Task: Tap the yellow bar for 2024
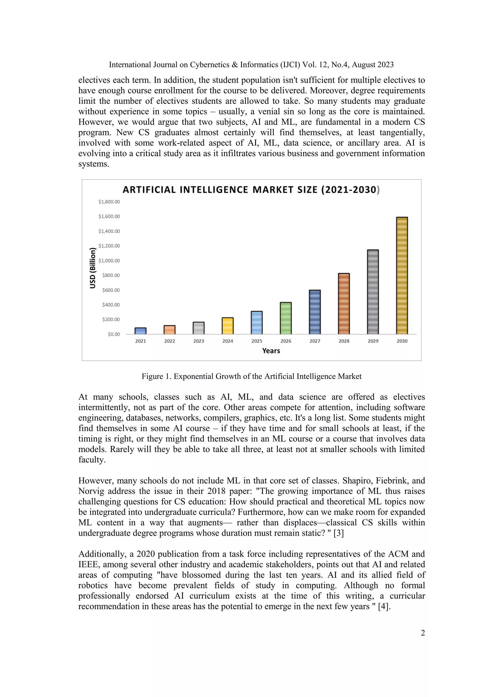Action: click(227, 326)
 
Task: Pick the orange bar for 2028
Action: click(344, 304)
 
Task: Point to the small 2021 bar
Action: click(140, 331)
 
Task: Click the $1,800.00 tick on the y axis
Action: click(109, 202)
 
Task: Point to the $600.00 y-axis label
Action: click(111, 290)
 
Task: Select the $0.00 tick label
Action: click(114, 334)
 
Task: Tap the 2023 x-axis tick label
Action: click(199, 341)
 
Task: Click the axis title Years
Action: click(271, 351)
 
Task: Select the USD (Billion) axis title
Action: click(93, 268)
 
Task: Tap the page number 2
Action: click(423, 633)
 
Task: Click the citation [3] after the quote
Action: click(339, 533)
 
